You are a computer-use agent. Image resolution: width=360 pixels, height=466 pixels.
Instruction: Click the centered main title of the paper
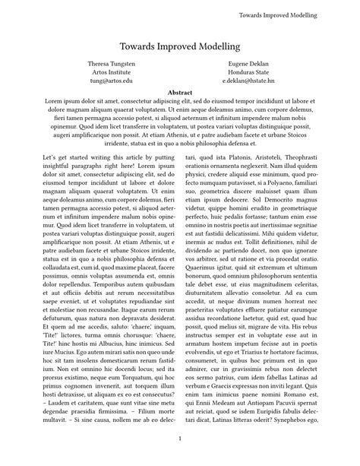click(179, 46)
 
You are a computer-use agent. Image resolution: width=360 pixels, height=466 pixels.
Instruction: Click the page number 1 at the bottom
click(179, 439)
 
